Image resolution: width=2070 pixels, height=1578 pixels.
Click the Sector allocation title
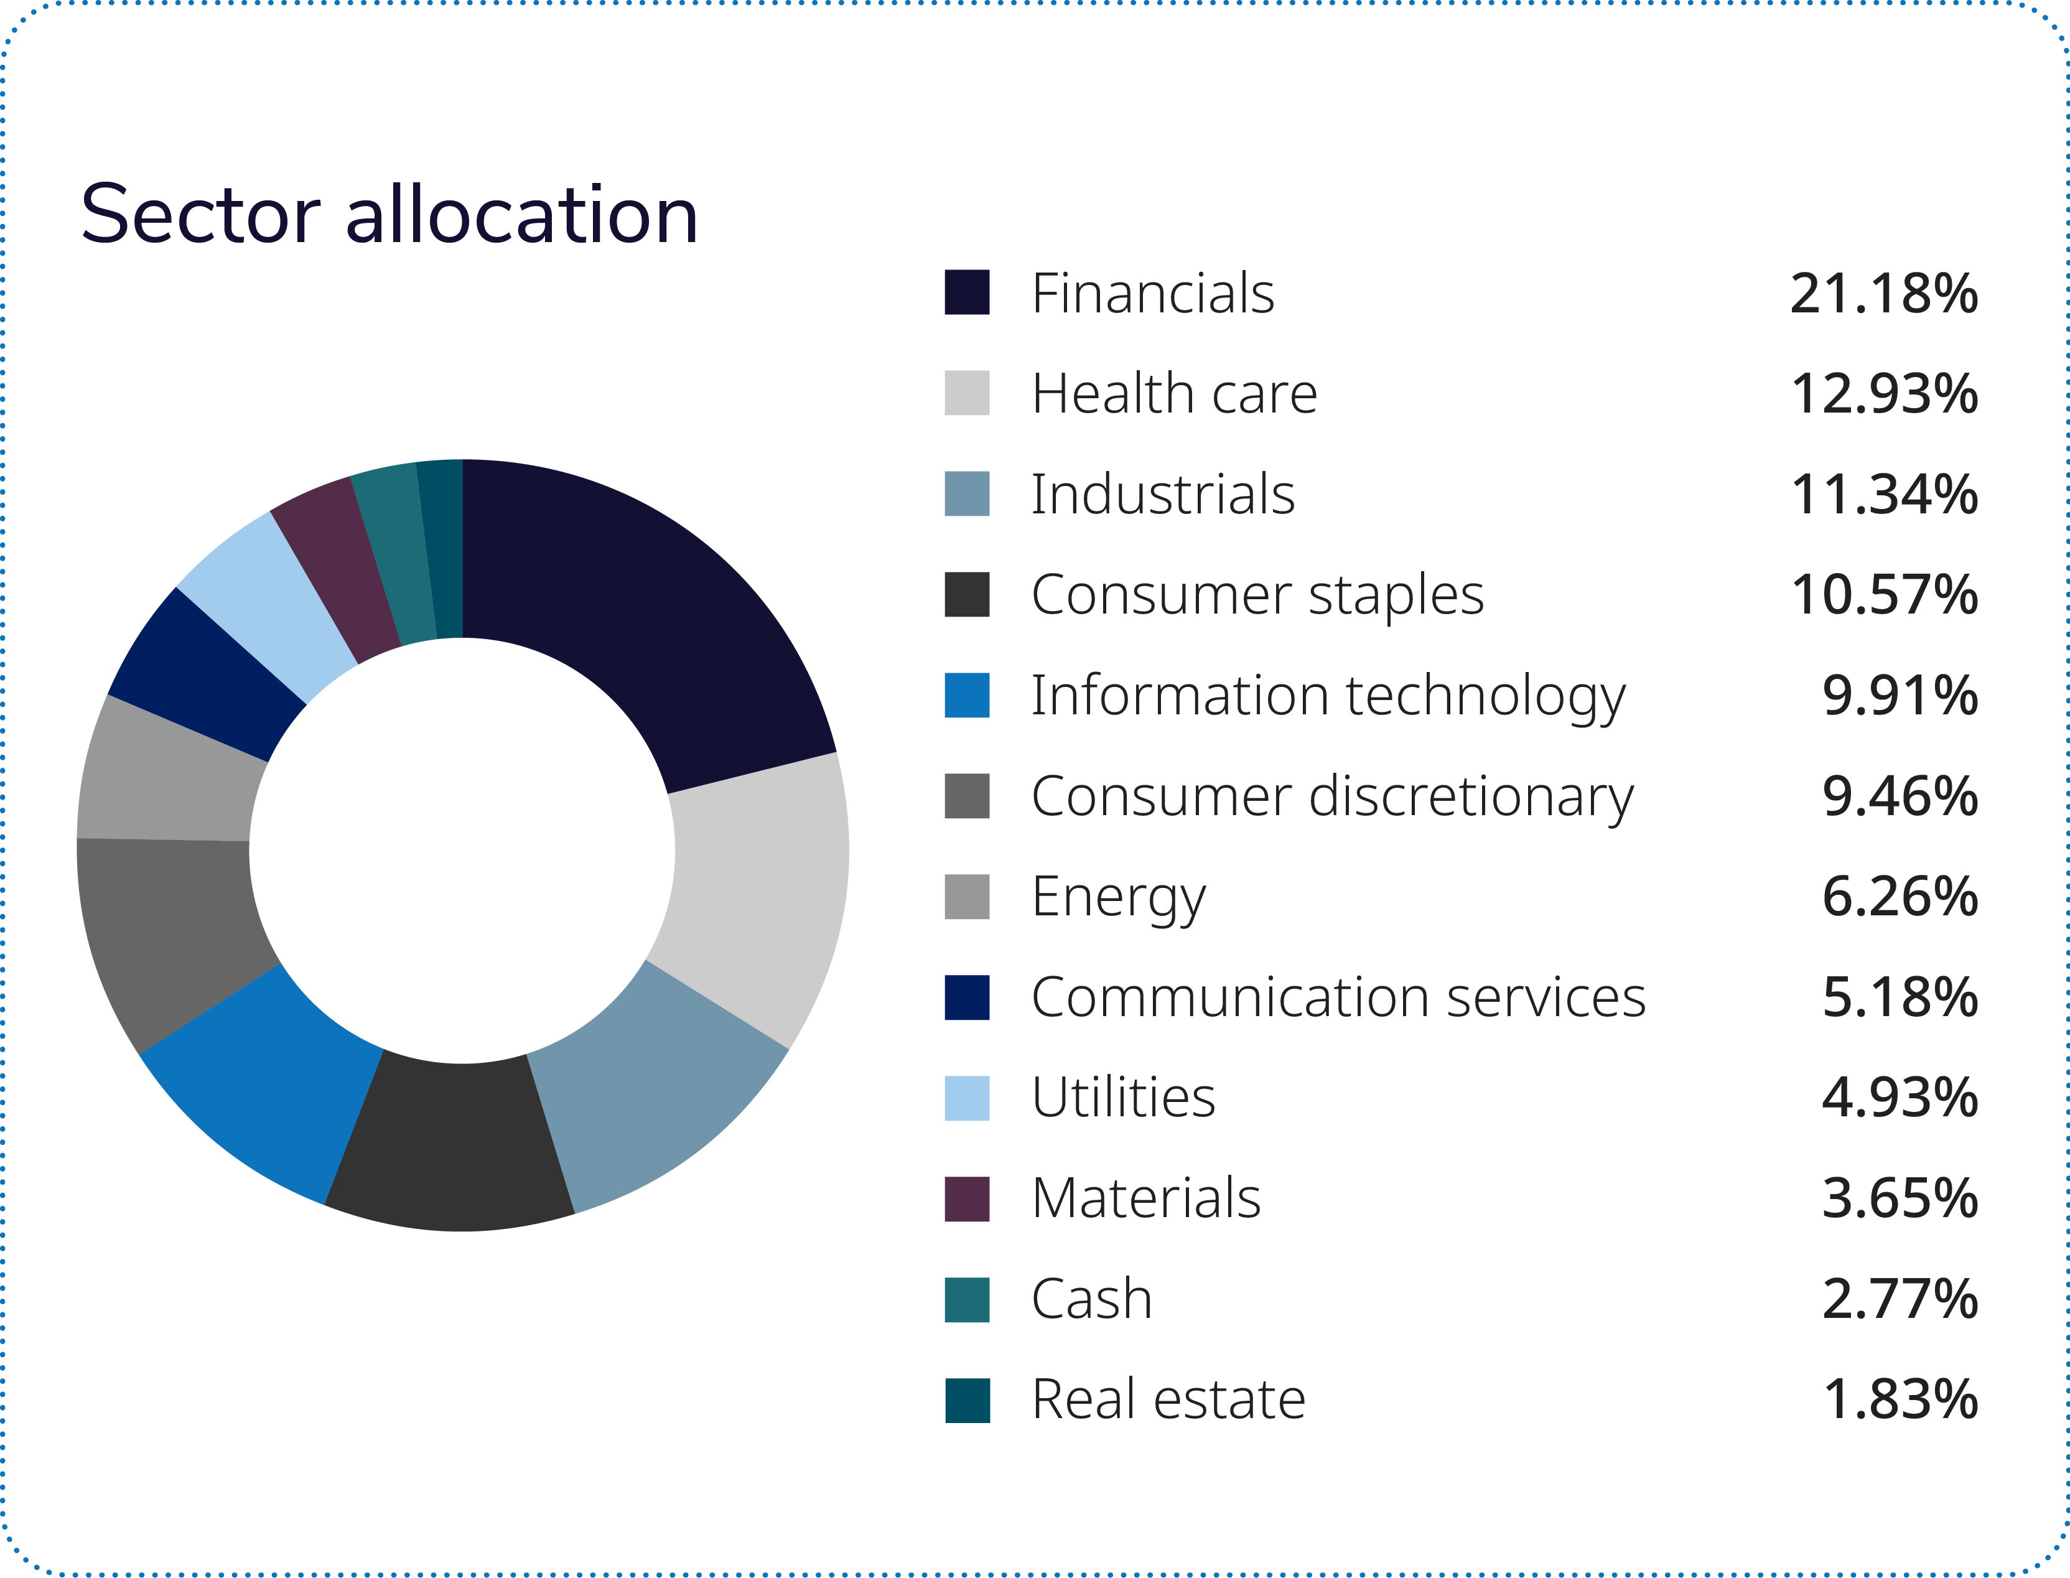(x=389, y=215)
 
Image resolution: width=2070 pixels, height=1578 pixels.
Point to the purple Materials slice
(x=338, y=573)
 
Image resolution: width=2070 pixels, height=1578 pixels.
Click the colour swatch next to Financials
(x=966, y=292)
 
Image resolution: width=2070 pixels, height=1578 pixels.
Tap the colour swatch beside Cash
(x=966, y=1299)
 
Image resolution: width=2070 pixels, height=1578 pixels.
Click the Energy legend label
(x=1117, y=897)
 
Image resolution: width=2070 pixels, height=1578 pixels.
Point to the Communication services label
(x=1338, y=997)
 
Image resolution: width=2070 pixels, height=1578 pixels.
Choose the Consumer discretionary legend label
(x=1332, y=796)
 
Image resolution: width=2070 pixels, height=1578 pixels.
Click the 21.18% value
(x=1883, y=294)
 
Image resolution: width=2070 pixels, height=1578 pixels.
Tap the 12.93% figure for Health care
(x=1883, y=394)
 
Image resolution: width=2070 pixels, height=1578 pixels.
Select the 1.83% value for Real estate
(x=1899, y=1399)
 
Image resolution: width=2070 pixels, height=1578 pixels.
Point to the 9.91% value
(x=1899, y=696)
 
